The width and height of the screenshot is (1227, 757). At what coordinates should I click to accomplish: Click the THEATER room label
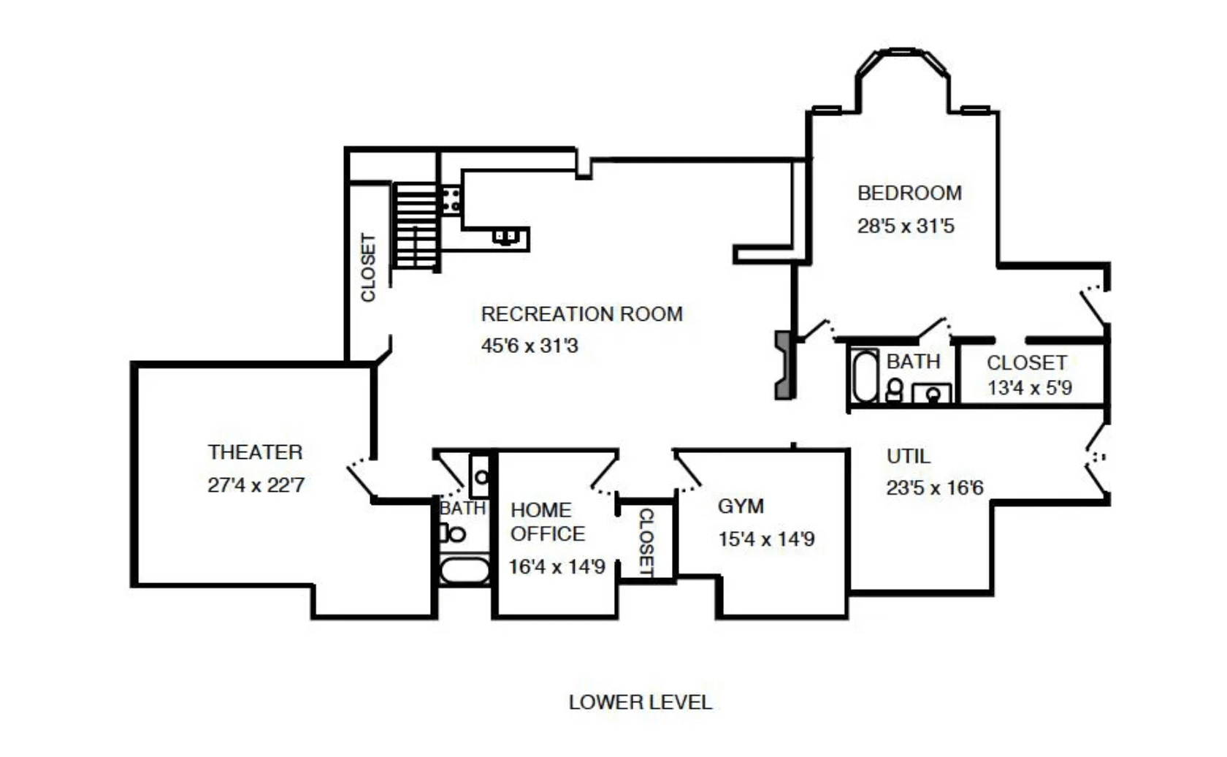coord(256,452)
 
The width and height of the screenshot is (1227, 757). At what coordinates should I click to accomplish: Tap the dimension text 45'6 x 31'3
coord(530,346)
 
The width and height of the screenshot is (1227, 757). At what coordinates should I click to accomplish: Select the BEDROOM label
coord(909,193)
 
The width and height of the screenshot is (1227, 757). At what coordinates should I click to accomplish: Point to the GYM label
coord(741,506)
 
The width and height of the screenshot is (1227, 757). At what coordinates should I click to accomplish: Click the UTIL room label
coord(909,456)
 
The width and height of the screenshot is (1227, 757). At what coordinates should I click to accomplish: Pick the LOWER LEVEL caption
coord(641,702)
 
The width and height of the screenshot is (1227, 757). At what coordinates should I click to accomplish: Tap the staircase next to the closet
coord(416,226)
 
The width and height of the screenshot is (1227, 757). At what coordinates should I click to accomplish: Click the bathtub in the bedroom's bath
coord(865,376)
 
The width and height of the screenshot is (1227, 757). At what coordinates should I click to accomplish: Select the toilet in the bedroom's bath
coord(895,389)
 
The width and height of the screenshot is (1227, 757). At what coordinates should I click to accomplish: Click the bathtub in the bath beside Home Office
coord(465,570)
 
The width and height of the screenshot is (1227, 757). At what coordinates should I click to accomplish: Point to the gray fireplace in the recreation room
coord(784,365)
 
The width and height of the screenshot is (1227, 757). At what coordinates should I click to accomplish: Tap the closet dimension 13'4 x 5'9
coord(1030,387)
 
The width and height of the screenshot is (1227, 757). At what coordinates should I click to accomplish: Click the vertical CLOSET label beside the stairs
coord(368,267)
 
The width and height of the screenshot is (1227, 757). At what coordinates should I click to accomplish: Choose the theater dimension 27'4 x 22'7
coord(256,485)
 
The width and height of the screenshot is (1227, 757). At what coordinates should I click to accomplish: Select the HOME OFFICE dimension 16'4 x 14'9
coord(557,566)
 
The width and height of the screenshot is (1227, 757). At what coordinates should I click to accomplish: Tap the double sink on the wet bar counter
coord(505,237)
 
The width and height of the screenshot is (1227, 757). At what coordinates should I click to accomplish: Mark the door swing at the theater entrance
coord(362,476)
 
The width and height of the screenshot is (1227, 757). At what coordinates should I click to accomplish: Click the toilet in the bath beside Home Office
coord(453,533)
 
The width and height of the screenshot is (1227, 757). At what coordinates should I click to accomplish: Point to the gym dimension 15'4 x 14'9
coord(766,539)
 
